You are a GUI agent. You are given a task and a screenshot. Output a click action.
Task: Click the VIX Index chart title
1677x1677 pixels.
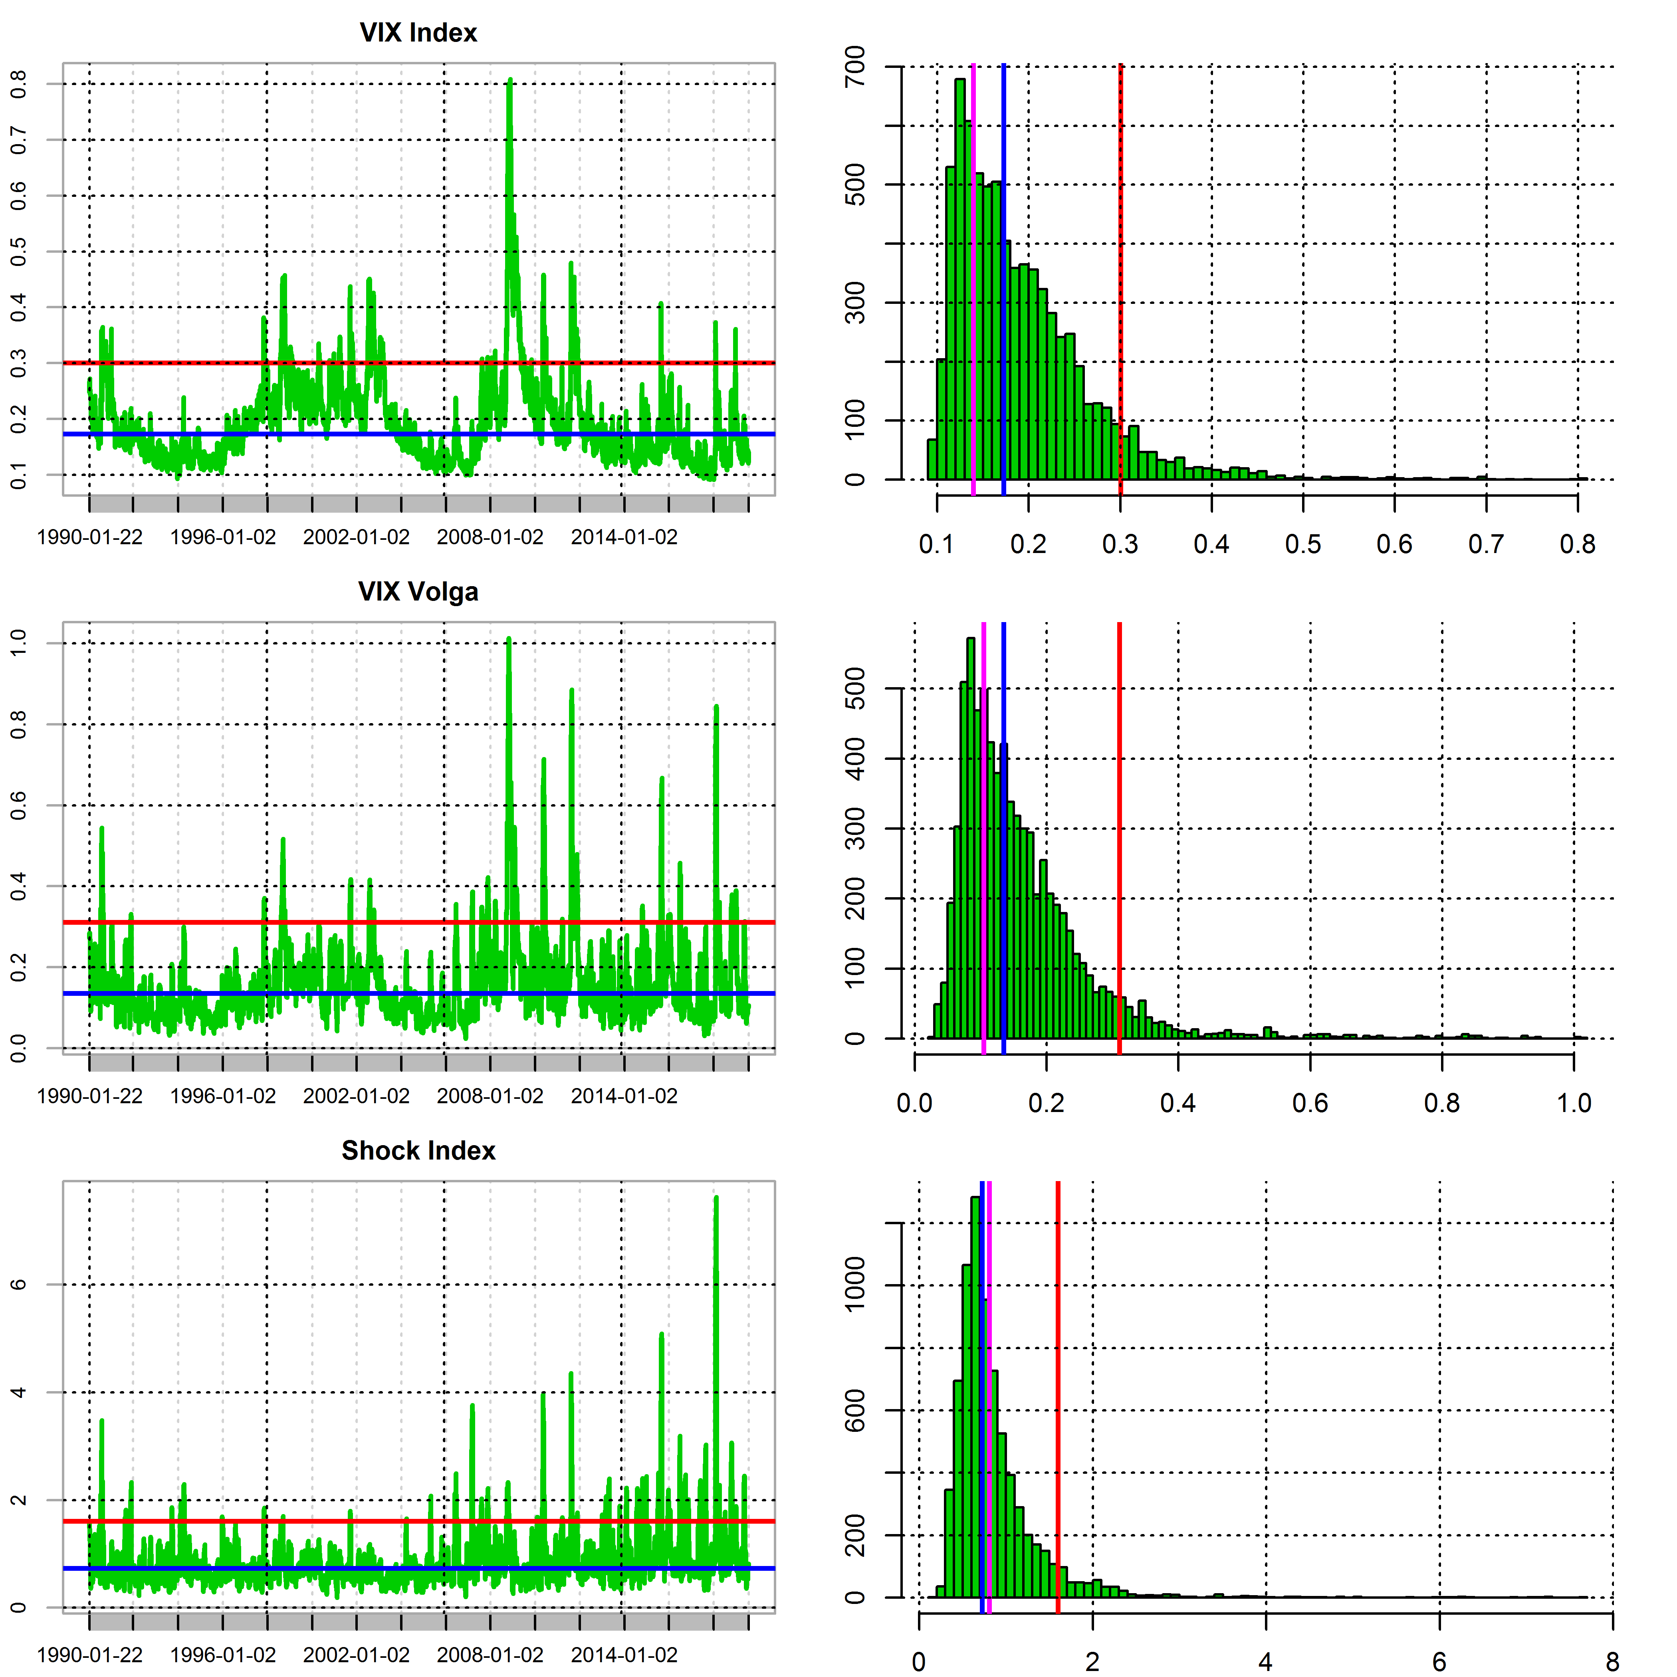418,33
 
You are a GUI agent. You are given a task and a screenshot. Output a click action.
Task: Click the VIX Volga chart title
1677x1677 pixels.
418,592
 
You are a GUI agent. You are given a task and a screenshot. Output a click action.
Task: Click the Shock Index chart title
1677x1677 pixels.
418,1151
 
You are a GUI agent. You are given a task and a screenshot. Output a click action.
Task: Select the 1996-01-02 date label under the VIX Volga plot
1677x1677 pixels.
223,1096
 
